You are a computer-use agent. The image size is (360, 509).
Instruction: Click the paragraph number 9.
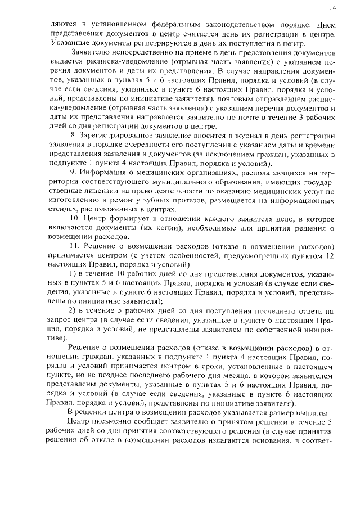73,172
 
